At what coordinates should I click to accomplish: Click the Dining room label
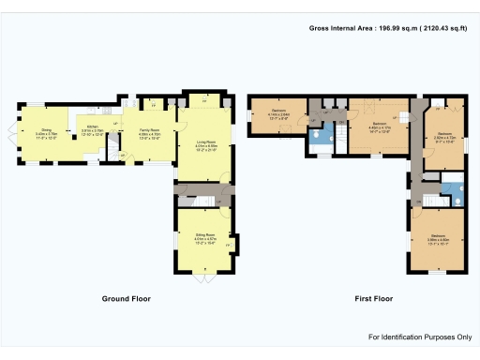tap(46, 132)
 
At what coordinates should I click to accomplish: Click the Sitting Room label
tap(204, 237)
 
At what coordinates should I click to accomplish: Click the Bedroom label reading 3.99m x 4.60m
tap(439, 236)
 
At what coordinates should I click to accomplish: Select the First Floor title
tap(372, 298)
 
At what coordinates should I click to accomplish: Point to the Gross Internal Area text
tap(389, 28)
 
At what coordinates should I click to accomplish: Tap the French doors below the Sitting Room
tap(204, 278)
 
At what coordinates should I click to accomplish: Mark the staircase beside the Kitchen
tap(113, 145)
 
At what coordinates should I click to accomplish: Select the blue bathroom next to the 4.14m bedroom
tap(321, 139)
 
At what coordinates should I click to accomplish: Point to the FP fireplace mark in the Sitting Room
tap(229, 247)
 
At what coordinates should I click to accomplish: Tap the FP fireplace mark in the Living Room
tap(204, 97)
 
